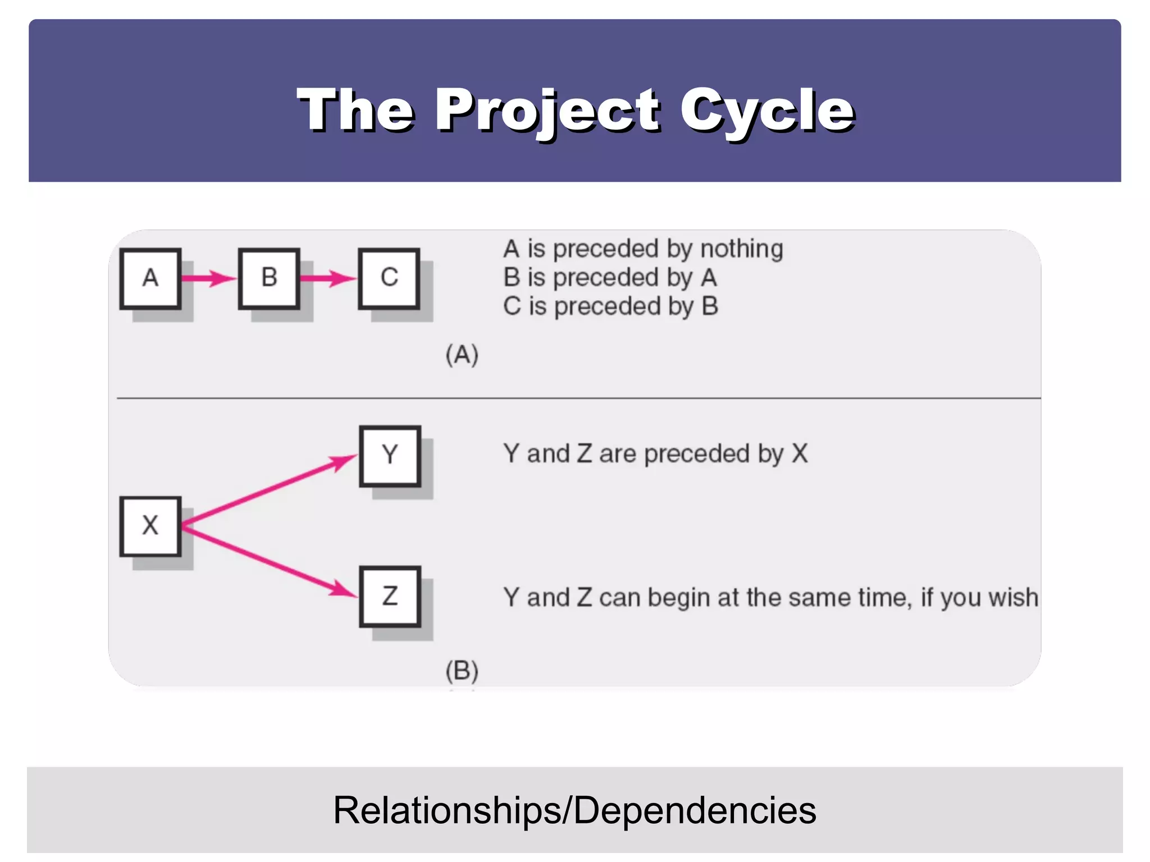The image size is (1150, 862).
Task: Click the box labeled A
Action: point(150,278)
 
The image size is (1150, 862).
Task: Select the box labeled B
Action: point(269,278)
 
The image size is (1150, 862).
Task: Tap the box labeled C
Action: point(389,278)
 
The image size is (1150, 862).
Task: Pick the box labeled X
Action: point(150,526)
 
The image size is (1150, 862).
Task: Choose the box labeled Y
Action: point(390,455)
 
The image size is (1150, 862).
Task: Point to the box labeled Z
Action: point(390,596)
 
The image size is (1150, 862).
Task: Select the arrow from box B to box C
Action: point(328,278)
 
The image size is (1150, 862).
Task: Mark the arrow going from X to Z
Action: point(270,561)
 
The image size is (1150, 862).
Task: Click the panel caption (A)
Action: point(462,355)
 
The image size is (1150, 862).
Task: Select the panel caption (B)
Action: point(462,671)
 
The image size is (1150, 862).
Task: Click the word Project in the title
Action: point(547,110)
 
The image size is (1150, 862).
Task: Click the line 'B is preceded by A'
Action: point(610,278)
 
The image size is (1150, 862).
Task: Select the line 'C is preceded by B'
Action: point(610,306)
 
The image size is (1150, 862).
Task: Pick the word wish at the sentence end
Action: point(1013,598)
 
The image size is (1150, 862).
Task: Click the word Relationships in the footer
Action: point(446,810)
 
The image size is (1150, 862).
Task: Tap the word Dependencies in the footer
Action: point(695,810)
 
